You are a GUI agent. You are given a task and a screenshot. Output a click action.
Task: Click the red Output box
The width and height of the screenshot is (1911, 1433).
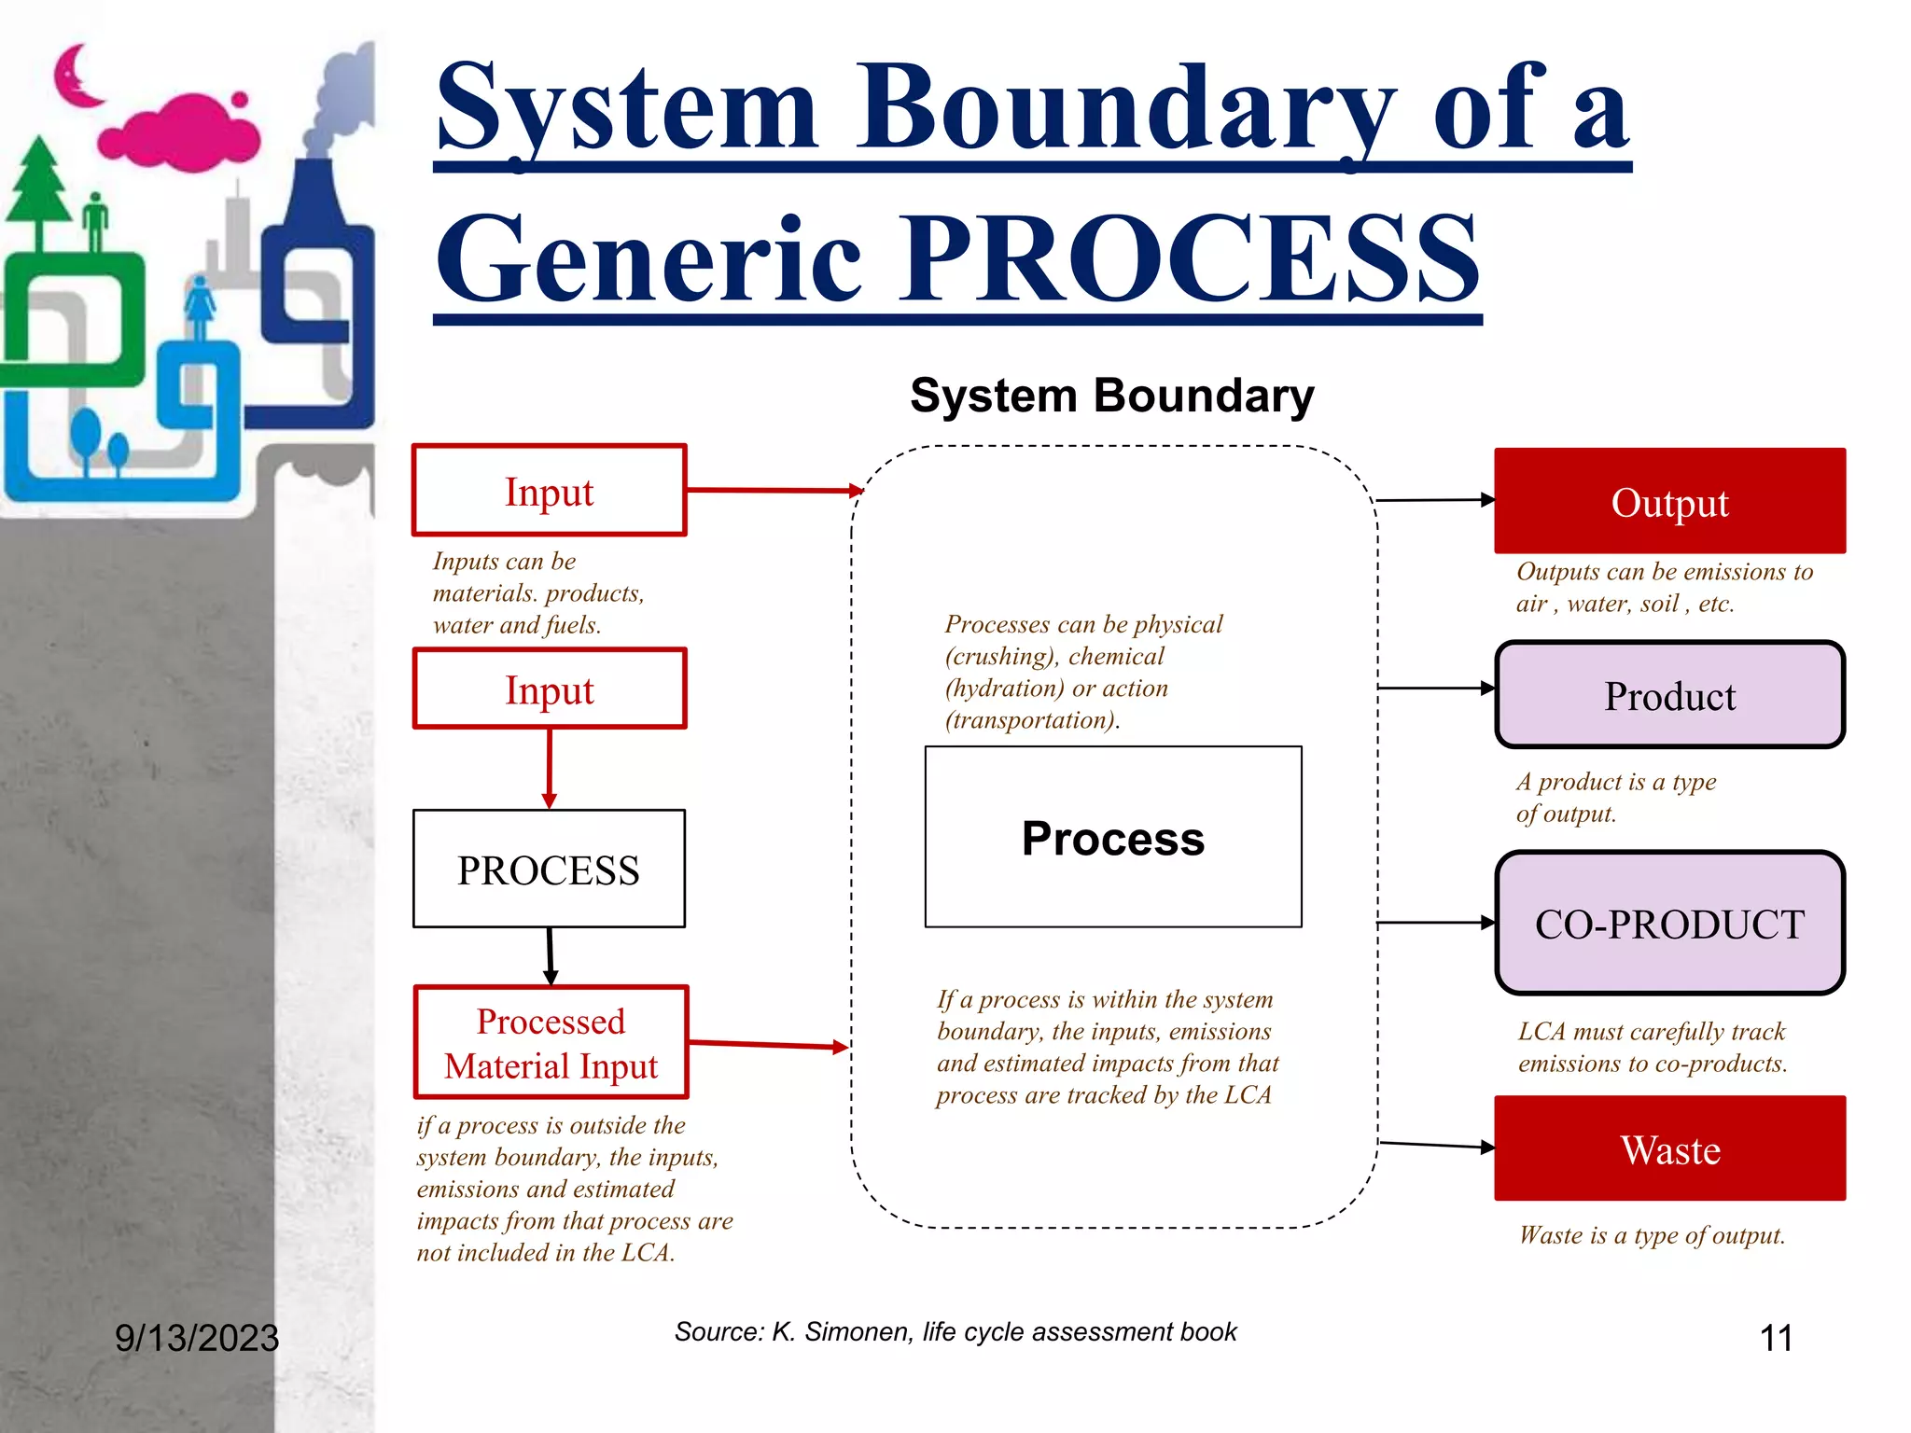coord(1669,501)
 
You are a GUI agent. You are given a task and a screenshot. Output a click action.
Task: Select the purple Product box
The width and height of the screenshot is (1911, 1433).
coord(1669,695)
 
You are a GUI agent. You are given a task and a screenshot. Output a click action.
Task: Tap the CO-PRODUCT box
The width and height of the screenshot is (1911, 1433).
coord(1669,923)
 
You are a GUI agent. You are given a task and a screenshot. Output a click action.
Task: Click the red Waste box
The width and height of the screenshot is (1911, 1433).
coord(1669,1148)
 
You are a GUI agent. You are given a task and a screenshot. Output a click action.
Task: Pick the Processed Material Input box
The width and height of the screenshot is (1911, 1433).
coord(551,1042)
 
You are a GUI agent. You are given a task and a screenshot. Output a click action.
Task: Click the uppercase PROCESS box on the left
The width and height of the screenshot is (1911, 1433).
coord(549,869)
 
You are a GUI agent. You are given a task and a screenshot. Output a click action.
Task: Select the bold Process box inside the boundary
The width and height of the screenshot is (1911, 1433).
coord(1112,837)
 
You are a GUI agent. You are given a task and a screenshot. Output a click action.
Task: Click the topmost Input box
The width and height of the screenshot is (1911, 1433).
coord(549,491)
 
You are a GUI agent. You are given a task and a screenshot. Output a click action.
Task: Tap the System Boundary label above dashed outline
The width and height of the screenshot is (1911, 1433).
coord(1111,396)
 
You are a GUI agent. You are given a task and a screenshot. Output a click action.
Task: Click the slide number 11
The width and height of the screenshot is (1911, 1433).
coord(1775,1338)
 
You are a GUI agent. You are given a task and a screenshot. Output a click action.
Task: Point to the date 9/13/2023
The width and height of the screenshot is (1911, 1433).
coord(197,1338)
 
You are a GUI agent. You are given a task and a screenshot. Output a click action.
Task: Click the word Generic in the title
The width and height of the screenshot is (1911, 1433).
coord(649,258)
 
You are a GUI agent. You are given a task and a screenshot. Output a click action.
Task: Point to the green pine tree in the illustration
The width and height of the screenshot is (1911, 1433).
coord(39,191)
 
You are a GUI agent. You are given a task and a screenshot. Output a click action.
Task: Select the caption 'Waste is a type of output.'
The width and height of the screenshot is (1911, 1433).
coord(1652,1235)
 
